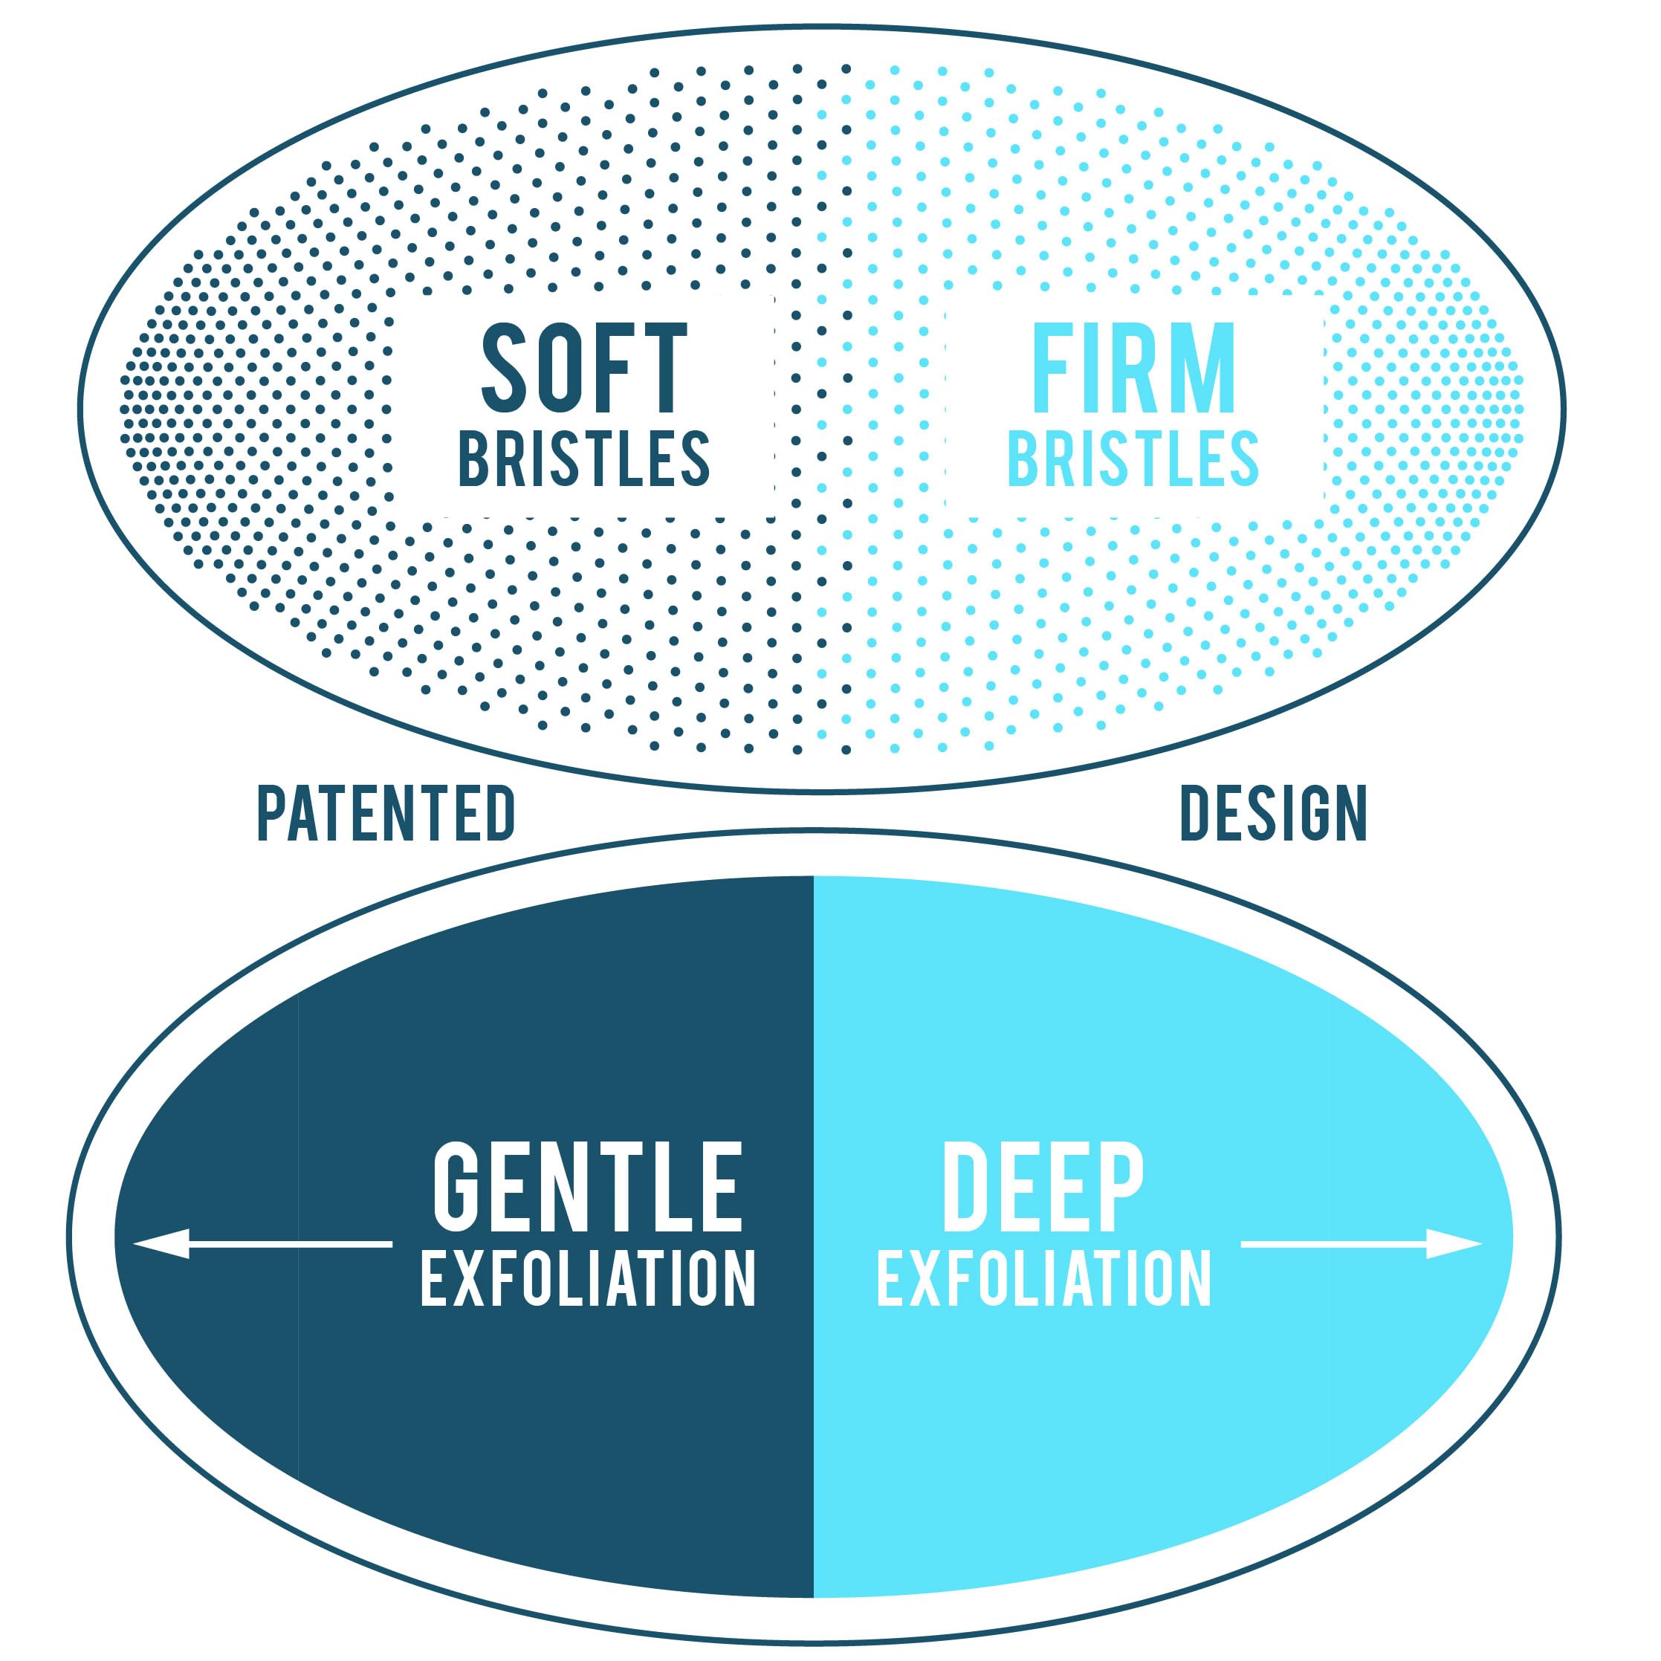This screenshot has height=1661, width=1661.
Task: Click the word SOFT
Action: [x=583, y=368]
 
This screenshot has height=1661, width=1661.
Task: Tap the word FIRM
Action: [x=1133, y=368]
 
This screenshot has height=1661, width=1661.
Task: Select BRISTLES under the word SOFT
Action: [x=583, y=459]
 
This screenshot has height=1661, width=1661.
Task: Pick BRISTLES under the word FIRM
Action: [x=1133, y=459]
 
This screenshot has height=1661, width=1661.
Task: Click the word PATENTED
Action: [x=386, y=812]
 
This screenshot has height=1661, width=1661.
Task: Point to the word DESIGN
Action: [x=1273, y=812]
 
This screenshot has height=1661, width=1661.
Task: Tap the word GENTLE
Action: [x=587, y=1188]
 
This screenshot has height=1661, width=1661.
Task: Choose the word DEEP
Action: [x=1043, y=1188]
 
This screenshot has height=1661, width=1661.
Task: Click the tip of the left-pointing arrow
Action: [x=133, y=1244]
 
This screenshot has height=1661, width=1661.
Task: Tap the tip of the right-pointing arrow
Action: [x=1482, y=1244]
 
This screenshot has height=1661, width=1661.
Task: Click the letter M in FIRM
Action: [x=1202, y=368]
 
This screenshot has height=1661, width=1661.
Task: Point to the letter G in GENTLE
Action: [x=457, y=1188]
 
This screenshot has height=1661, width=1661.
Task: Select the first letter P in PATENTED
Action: [x=272, y=812]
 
